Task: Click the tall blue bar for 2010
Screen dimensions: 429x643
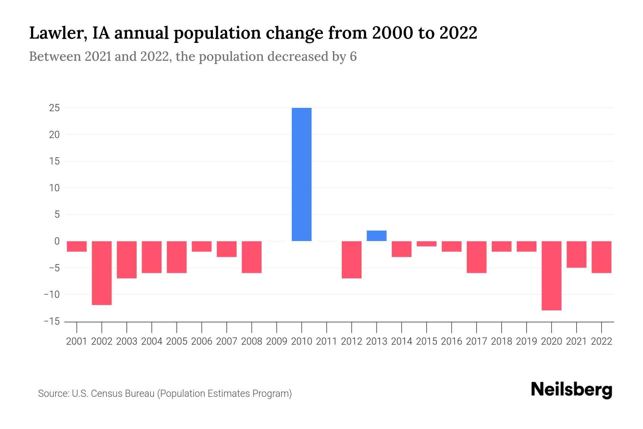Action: pos(301,174)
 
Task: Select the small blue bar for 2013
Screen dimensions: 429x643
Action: pos(377,236)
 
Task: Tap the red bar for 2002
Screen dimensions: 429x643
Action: pos(102,273)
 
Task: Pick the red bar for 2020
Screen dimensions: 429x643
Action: pos(551,275)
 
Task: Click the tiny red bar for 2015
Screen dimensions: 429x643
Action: pos(427,244)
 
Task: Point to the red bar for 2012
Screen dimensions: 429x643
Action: pos(352,260)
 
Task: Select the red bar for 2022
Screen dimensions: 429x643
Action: pos(601,257)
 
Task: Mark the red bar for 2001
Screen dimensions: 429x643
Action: pos(77,246)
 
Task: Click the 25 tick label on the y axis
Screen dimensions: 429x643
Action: pos(54,108)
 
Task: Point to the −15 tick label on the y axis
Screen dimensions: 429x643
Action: pos(52,321)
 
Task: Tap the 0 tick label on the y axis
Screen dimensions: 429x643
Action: pos(57,241)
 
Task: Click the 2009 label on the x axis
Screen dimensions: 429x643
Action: pos(276,341)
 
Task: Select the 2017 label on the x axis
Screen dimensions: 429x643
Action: pos(476,341)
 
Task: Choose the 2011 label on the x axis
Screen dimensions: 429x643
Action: pos(327,341)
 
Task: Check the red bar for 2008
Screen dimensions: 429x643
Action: pos(251,257)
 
